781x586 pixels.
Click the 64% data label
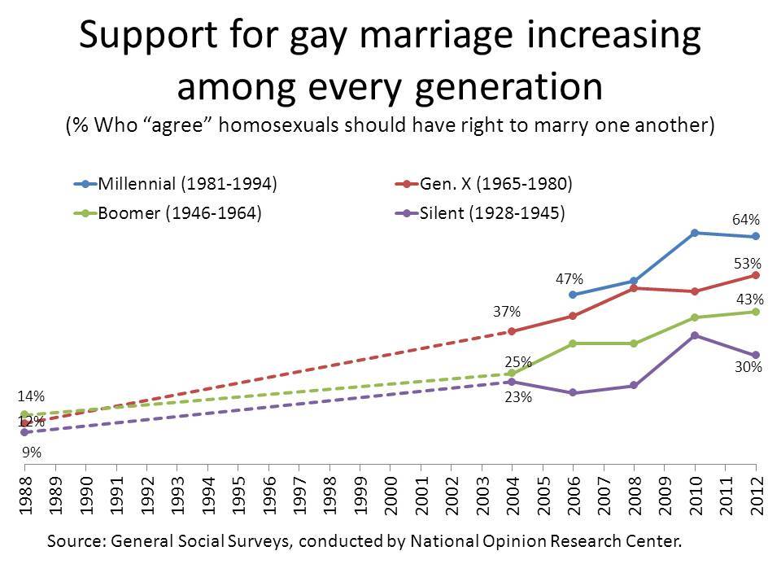tap(747, 219)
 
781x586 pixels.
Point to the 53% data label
tap(748, 264)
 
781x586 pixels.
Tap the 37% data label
tap(508, 312)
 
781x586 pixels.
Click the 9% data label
tap(32, 450)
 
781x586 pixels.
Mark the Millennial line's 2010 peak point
tap(695, 233)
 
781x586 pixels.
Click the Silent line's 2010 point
tap(695, 335)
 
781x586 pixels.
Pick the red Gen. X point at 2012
tap(756, 275)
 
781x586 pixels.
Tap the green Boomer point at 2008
tap(634, 343)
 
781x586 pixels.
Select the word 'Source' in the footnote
tap(76, 540)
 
